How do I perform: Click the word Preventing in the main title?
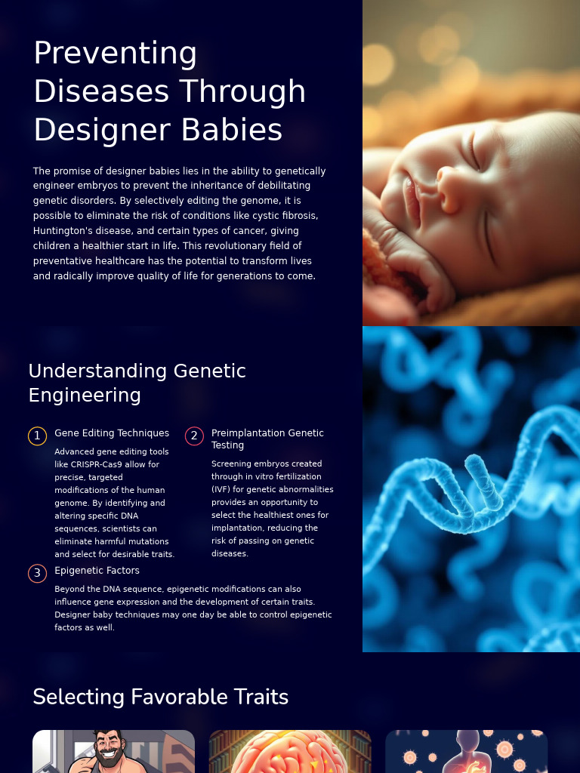point(116,54)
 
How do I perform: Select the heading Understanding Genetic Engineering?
point(137,383)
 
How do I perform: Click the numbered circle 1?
point(37,436)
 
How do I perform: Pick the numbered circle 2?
point(194,436)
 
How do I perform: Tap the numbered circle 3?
point(37,574)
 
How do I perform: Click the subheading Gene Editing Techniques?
point(112,433)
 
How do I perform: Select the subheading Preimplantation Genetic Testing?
point(267,439)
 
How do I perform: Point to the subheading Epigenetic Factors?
point(97,571)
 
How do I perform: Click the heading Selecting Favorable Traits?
point(160,697)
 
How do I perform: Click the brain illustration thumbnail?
point(290,752)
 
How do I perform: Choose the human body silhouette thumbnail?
point(467,752)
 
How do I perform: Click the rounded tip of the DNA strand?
point(474,462)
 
